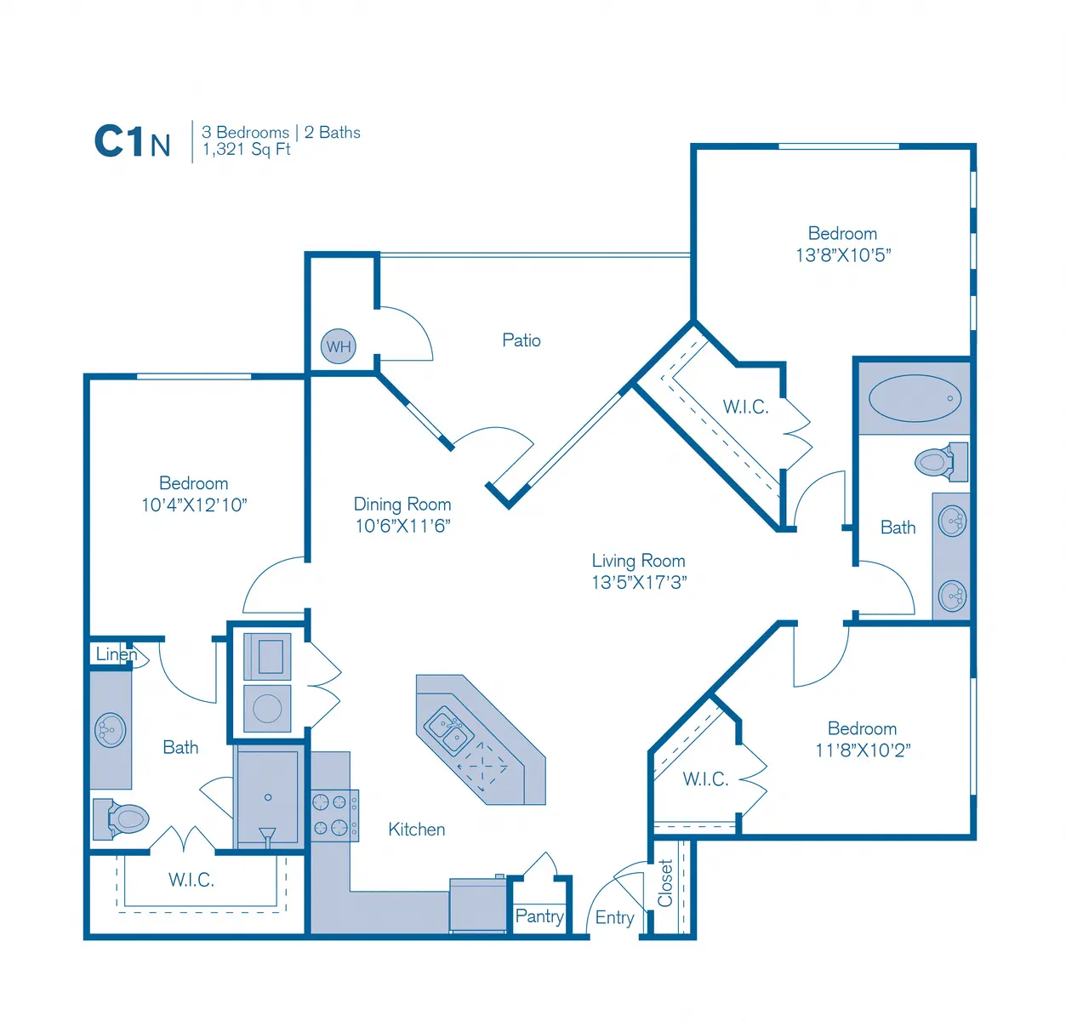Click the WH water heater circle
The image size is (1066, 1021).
(x=338, y=346)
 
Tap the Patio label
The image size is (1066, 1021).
(x=521, y=340)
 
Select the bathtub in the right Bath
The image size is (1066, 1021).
(x=915, y=398)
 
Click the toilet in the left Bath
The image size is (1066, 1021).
(x=121, y=819)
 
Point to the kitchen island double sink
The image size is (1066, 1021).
(x=448, y=731)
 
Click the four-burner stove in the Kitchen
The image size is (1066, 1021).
(x=334, y=815)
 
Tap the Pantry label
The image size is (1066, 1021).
(x=539, y=915)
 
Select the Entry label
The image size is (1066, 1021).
(x=614, y=917)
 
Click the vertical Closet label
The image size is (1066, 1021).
(x=664, y=883)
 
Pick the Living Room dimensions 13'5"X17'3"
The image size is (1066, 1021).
(x=639, y=582)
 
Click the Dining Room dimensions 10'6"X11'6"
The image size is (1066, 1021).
(x=402, y=526)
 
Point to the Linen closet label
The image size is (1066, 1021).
(x=117, y=653)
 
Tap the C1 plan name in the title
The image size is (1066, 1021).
(x=119, y=141)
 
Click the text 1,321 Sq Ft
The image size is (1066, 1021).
(x=246, y=149)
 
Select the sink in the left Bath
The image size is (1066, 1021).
(x=111, y=730)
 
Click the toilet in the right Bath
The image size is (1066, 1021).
(x=941, y=462)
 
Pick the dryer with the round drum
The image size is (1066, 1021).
(x=267, y=708)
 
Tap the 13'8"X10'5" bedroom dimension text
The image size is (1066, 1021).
(x=843, y=255)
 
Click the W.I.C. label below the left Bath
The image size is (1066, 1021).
(x=191, y=881)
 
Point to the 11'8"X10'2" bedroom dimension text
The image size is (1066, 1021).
(x=863, y=750)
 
